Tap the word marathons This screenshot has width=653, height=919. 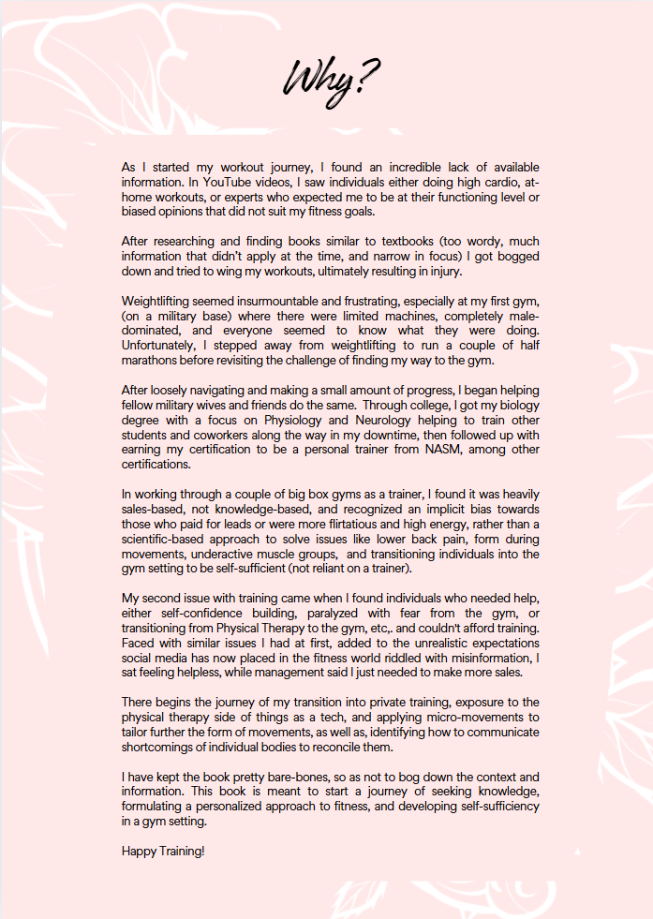pos(152,363)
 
